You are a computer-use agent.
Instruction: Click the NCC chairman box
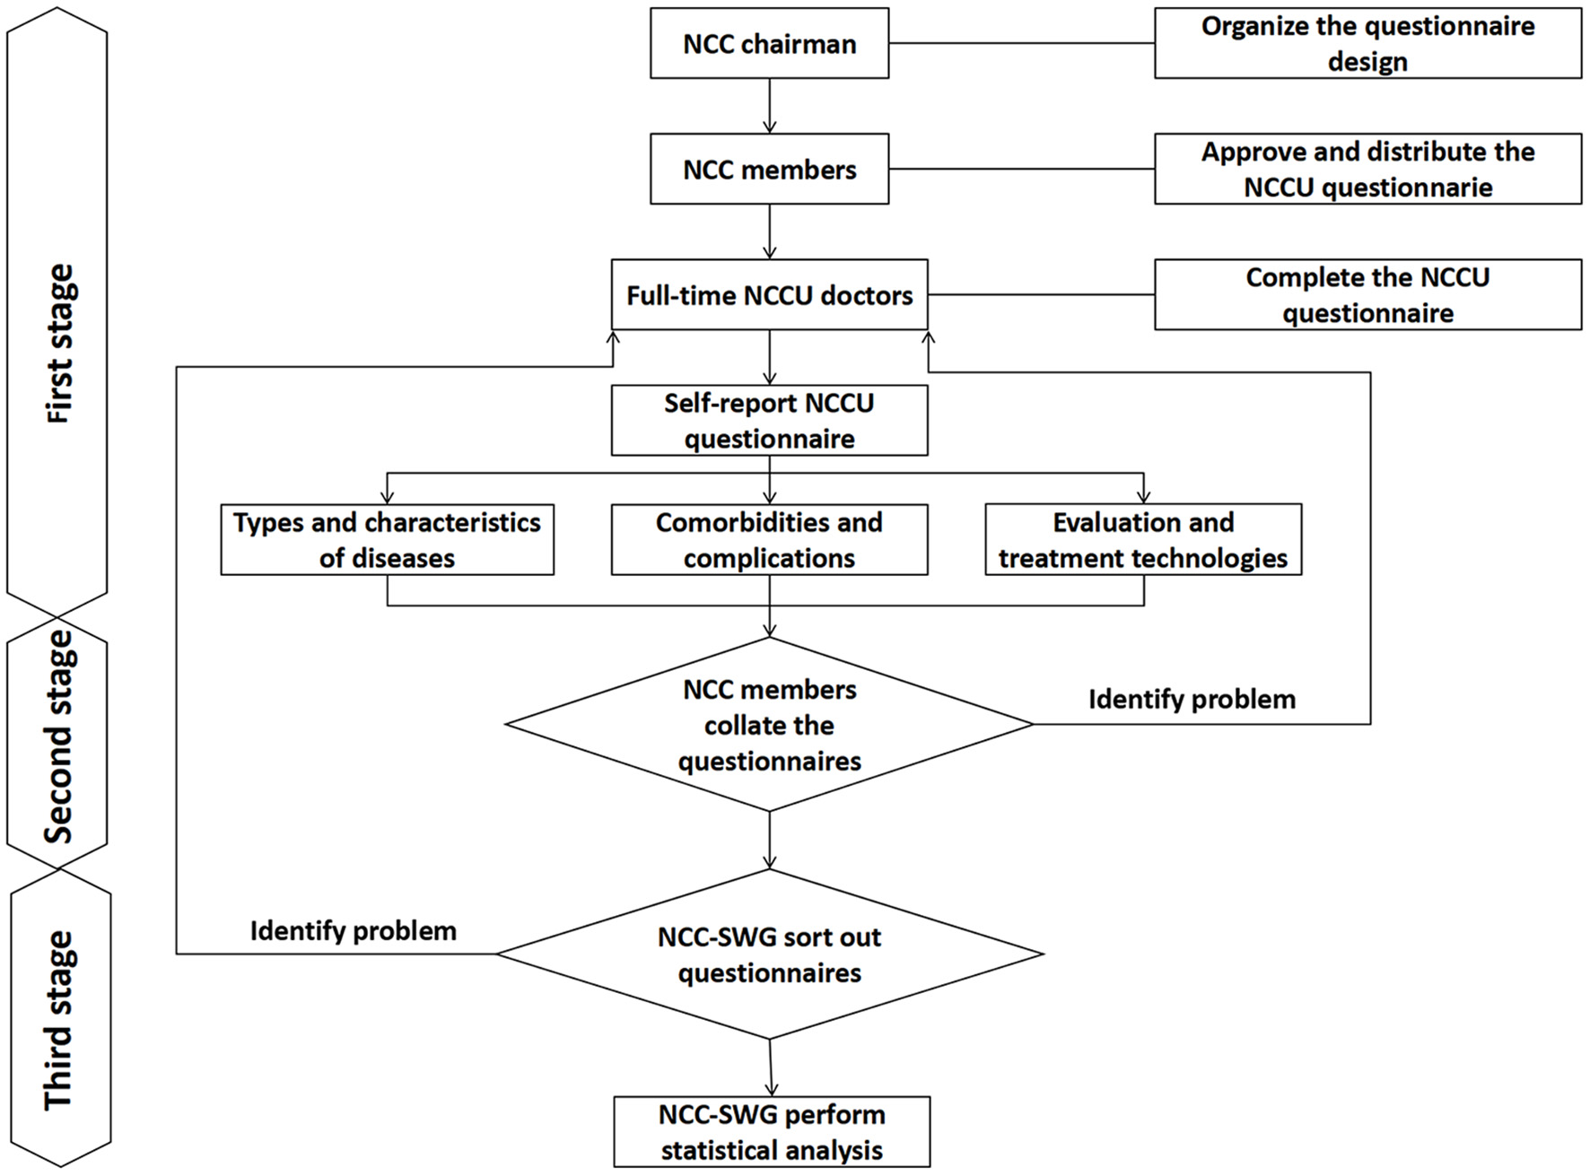769,44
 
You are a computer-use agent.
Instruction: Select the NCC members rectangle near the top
769,170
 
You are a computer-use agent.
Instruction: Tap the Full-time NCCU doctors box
769,295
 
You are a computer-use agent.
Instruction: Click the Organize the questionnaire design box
1367,44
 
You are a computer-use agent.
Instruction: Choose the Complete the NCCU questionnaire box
1367,295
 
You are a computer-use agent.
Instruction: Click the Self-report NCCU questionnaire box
769,421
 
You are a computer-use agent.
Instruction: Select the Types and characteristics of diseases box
387,539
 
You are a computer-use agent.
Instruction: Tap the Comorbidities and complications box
769,539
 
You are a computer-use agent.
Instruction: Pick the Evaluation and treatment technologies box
1142,539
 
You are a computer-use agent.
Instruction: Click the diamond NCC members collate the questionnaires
769,725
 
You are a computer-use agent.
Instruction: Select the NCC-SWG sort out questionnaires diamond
769,954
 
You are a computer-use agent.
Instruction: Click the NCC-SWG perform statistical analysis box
772,1132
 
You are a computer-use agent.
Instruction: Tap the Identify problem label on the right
1192,700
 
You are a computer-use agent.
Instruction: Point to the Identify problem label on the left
353,931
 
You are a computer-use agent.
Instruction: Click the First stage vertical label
59,344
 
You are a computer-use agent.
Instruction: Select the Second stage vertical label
59,737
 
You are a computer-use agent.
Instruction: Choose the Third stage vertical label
59,1021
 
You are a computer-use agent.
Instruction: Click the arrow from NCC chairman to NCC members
769,106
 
